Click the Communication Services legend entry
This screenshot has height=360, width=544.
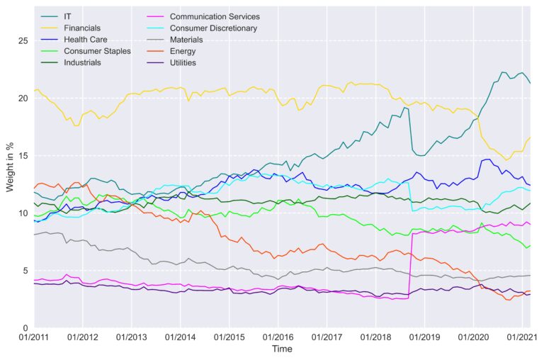tap(215, 16)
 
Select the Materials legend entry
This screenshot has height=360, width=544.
tap(188, 40)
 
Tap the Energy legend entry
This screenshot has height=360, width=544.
tap(183, 51)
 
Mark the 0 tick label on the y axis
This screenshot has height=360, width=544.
tap(25, 328)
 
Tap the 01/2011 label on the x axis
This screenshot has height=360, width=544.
tap(34, 337)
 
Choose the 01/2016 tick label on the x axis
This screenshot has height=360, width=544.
tap(277, 337)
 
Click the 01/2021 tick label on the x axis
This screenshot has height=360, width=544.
tap(520, 337)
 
